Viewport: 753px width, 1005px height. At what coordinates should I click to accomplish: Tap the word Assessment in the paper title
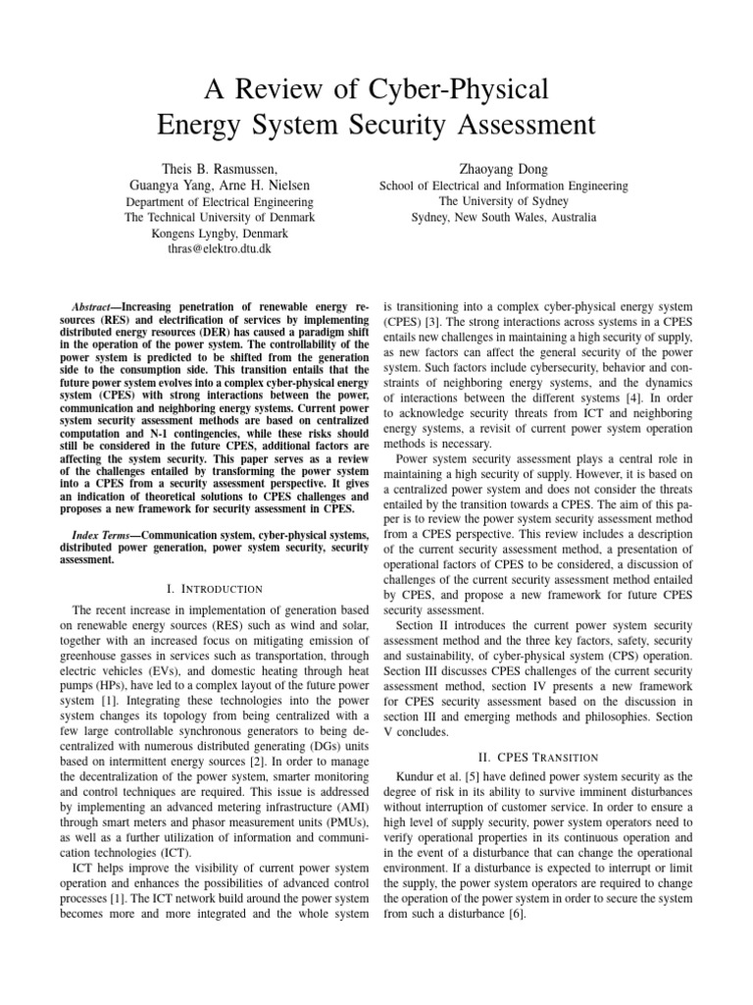click(x=511, y=127)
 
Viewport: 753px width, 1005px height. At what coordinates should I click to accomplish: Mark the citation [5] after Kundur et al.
click(x=473, y=776)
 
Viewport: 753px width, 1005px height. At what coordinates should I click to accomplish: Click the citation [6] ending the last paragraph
click(x=518, y=911)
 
